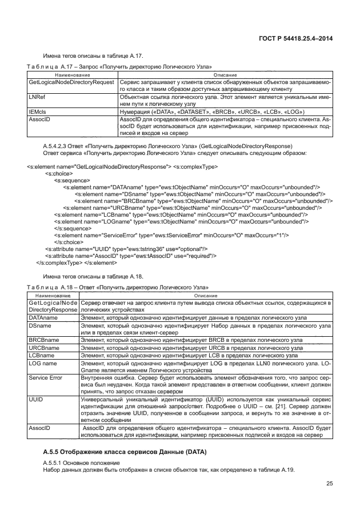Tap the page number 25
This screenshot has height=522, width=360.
pos(330,484)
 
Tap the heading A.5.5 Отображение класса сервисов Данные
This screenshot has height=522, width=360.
pos(125,452)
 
